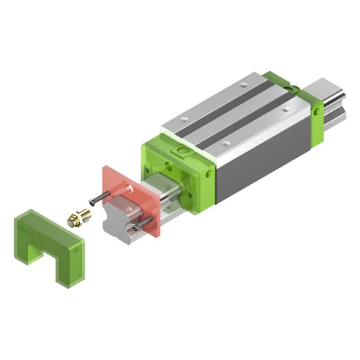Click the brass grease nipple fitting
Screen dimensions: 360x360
click(x=77, y=217)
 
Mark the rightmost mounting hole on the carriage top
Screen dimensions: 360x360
click(x=285, y=109)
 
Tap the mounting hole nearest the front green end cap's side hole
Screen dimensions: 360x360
click(x=224, y=143)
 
